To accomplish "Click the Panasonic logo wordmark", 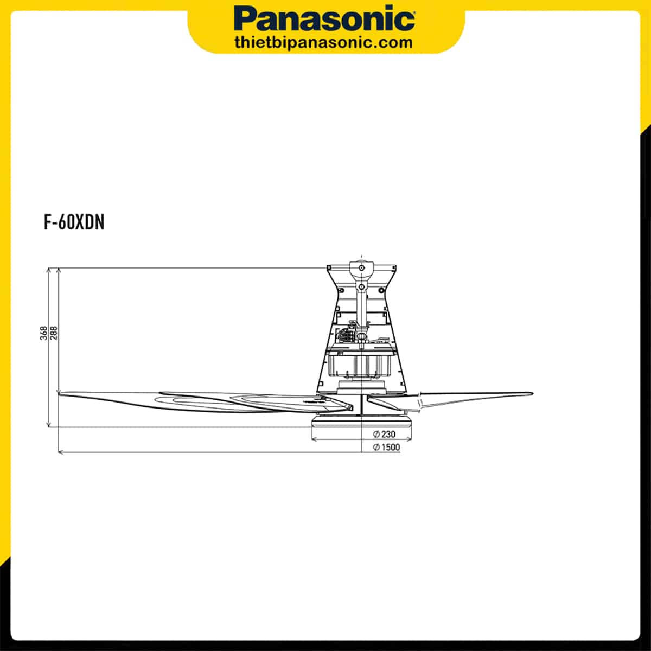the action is point(324,19).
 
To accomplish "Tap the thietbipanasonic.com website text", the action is point(324,43).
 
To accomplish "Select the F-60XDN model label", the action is point(74,222).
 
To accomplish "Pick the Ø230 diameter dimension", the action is point(384,434).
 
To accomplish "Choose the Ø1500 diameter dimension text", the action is point(386,447).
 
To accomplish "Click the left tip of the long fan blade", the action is point(60,393).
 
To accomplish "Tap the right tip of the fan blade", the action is point(532,393).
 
